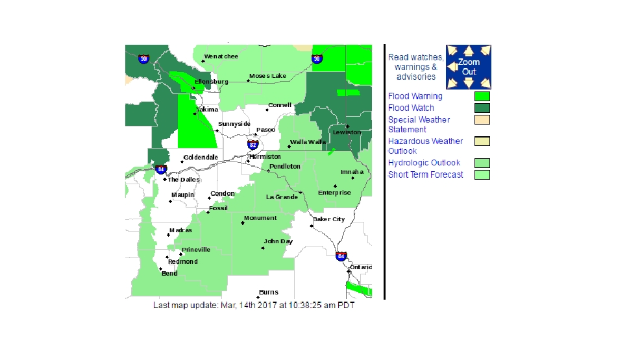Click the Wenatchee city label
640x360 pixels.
coord(221,56)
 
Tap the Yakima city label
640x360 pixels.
coord(208,110)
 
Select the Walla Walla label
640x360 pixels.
coord(308,141)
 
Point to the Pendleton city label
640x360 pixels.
coord(286,167)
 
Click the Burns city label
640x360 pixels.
coord(268,293)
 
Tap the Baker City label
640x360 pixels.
coord(329,219)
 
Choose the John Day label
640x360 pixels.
coord(278,241)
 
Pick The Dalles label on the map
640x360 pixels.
coord(184,180)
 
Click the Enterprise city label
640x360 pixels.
coord(334,193)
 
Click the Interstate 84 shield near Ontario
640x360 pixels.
coord(341,256)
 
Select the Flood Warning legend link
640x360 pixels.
coord(415,97)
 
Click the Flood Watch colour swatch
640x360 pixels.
coord(482,108)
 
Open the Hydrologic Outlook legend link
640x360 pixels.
coord(424,163)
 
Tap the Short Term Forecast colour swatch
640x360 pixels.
coord(482,174)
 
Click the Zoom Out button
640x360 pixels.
coord(469,67)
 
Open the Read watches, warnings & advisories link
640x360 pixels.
coord(416,67)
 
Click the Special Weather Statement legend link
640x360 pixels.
coord(419,125)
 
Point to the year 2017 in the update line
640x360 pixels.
coord(269,305)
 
